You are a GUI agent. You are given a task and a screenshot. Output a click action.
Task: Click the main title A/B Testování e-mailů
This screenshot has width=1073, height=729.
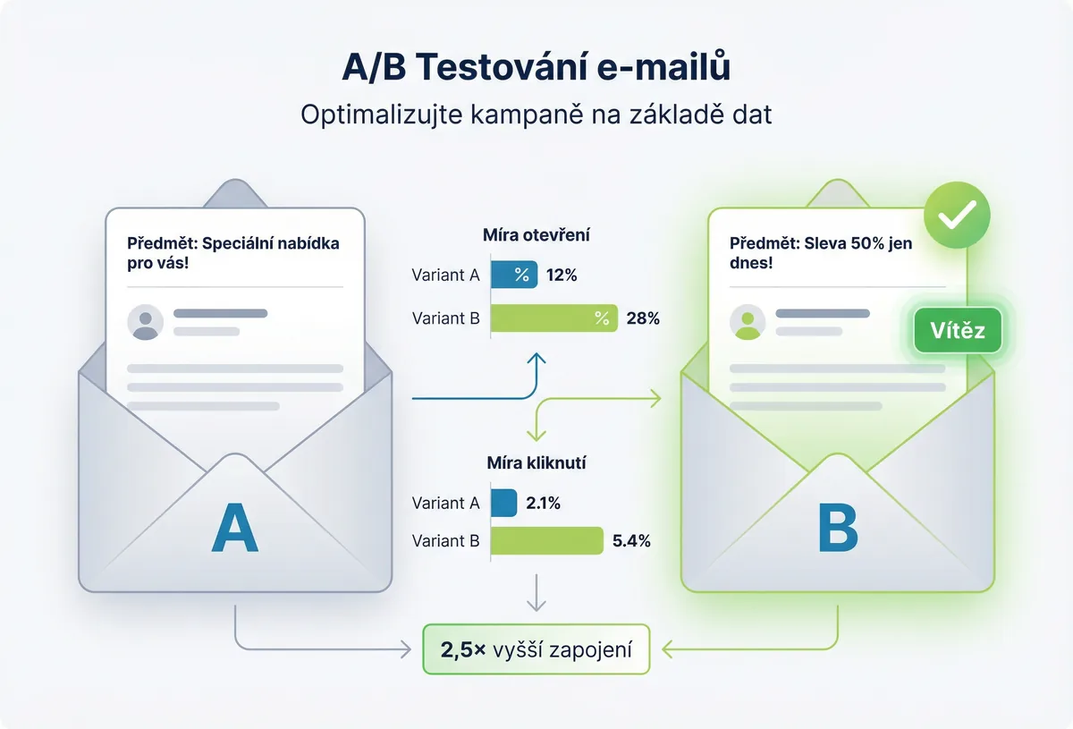click(536, 68)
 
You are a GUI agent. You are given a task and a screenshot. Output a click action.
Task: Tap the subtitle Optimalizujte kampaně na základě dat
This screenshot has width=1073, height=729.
click(536, 116)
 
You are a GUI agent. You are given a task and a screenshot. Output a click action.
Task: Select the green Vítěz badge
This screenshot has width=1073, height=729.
click(957, 331)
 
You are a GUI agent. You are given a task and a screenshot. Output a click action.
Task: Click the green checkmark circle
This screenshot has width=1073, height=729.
click(957, 215)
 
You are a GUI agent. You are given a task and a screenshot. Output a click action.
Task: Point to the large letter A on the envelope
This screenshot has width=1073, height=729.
click(234, 530)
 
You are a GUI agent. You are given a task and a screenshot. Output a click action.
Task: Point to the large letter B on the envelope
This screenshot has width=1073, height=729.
click(838, 530)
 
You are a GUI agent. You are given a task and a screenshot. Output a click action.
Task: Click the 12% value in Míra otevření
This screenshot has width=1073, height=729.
click(561, 275)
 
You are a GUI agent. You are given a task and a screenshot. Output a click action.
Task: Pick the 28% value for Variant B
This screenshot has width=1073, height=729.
click(643, 318)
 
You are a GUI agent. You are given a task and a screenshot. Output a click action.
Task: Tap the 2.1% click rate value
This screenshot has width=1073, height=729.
click(544, 504)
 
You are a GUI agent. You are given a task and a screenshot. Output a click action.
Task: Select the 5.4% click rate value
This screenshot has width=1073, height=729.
click(631, 540)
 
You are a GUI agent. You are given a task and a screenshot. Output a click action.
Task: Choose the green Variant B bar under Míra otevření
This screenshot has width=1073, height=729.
click(554, 318)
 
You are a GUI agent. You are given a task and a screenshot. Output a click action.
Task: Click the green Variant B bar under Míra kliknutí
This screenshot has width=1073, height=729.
click(547, 540)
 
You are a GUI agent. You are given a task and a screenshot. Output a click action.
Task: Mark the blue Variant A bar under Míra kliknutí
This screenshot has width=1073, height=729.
click(504, 504)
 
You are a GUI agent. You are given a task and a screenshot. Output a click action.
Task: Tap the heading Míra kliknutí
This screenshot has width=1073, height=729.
click(536, 463)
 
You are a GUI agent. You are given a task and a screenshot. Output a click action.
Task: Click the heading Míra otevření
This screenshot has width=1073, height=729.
click(536, 236)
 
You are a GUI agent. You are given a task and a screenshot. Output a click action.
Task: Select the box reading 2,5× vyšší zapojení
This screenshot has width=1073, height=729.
click(536, 649)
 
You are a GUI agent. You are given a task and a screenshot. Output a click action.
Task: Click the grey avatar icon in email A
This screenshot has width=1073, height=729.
click(146, 322)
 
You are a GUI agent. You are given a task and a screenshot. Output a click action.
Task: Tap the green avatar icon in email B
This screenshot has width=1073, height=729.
click(748, 322)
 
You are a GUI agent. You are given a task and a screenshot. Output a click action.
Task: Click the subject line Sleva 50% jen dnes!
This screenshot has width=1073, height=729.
click(821, 254)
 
